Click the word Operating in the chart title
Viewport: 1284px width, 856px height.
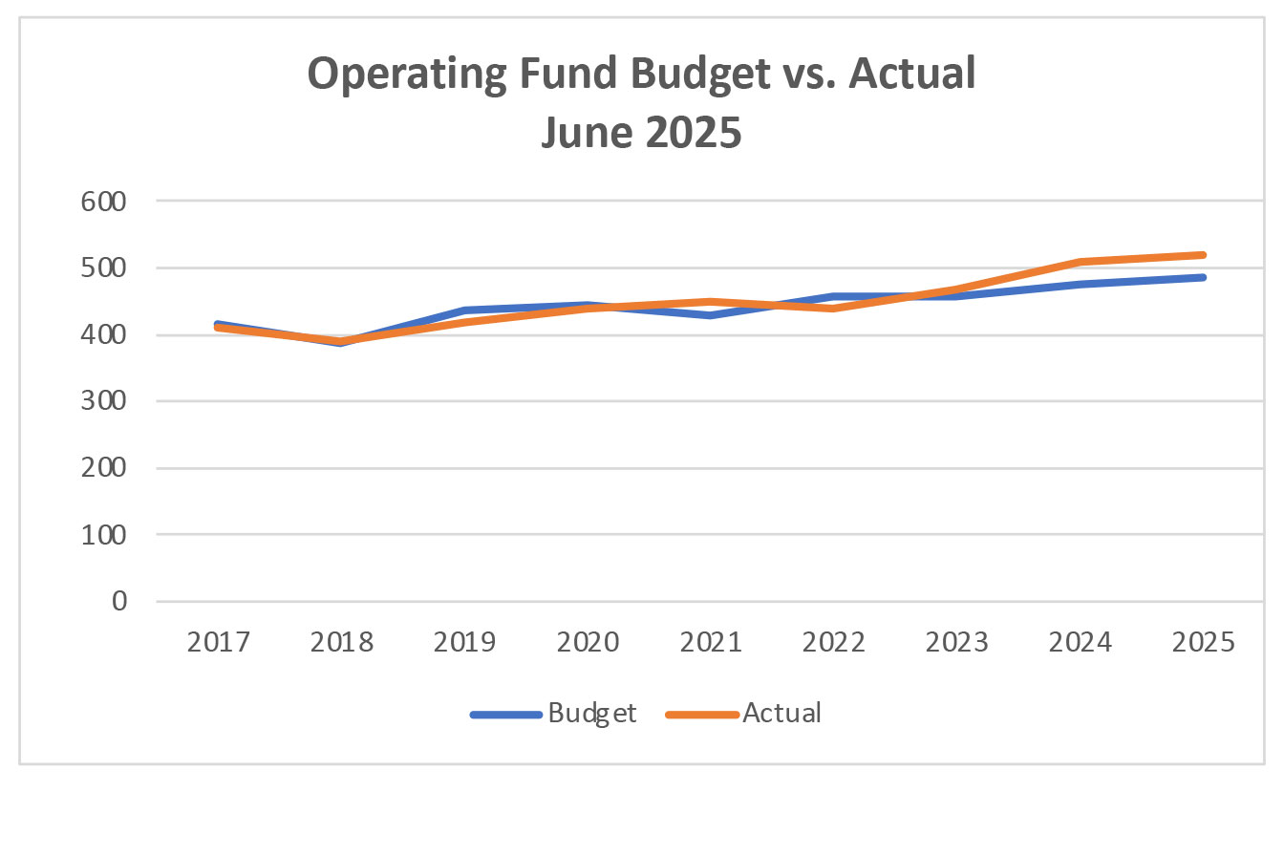click(405, 75)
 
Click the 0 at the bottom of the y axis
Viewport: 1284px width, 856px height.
click(118, 602)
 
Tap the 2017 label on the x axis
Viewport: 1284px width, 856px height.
click(219, 641)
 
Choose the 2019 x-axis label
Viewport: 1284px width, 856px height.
click(465, 641)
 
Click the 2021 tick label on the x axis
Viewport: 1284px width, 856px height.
click(711, 641)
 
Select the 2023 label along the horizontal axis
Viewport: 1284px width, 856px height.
click(957, 641)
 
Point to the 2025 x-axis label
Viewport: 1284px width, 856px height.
click(1203, 641)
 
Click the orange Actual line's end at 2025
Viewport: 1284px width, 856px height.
click(1202, 255)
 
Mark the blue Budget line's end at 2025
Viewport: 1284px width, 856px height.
click(1202, 278)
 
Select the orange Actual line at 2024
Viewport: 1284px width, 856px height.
click(1080, 262)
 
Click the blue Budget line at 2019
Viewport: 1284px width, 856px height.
click(465, 310)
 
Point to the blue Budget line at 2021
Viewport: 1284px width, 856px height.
click(711, 315)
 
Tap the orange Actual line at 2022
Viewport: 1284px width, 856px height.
click(834, 308)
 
